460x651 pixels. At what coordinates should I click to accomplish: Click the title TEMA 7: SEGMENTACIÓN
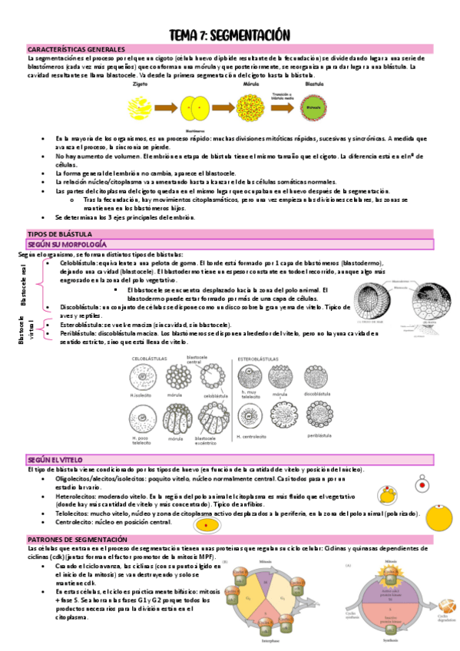pyautogui.click(x=230, y=35)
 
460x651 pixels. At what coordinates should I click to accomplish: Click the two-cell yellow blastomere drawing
pyautogui.click(x=198, y=105)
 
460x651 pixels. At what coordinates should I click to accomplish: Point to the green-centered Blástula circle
pyautogui.click(x=310, y=105)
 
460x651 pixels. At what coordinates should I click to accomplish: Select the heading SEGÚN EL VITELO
pyautogui.click(x=54, y=458)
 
